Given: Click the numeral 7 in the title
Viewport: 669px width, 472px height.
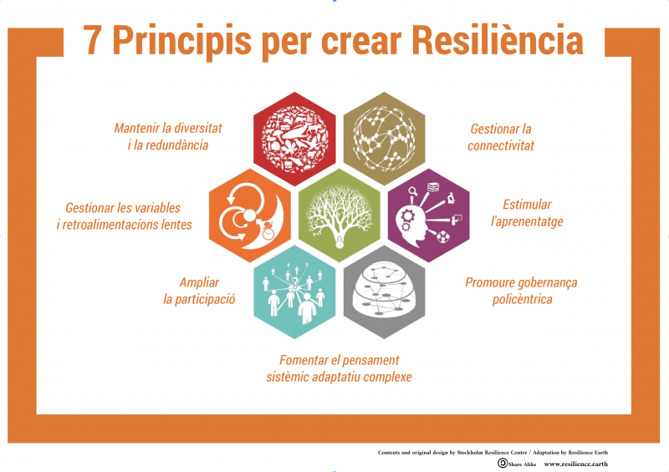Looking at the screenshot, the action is [x=93, y=40].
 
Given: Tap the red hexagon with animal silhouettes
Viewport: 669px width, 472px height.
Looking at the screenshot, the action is [x=294, y=139].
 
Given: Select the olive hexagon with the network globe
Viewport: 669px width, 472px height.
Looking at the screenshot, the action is [x=384, y=139].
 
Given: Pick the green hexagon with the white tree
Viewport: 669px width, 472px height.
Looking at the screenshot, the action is [x=340, y=216].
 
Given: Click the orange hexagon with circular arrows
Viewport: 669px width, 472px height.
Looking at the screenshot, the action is [x=249, y=216].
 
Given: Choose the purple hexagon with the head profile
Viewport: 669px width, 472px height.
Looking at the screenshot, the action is [x=429, y=216].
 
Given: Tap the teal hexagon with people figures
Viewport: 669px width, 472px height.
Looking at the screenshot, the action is [x=294, y=292].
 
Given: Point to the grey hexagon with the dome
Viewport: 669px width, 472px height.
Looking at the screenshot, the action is [x=384, y=292].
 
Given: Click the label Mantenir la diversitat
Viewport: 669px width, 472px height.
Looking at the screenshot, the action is [x=168, y=128].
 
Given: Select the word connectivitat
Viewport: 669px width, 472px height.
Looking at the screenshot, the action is [x=500, y=146].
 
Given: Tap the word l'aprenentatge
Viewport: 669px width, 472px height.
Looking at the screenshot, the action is [x=527, y=221].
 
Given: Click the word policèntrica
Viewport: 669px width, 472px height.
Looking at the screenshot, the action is [x=522, y=299].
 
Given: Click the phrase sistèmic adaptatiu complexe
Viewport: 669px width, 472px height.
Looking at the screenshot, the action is [x=340, y=378].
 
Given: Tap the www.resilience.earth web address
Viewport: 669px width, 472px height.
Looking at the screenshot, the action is [x=575, y=464].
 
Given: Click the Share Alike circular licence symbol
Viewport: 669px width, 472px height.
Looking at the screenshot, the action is [x=503, y=463].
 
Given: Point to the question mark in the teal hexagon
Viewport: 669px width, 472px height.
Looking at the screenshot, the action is [x=295, y=281].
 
